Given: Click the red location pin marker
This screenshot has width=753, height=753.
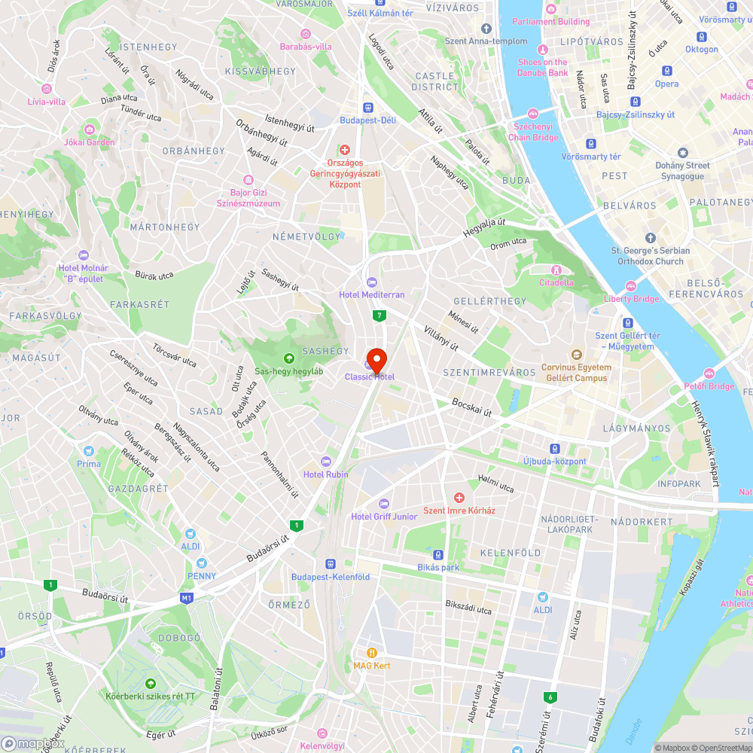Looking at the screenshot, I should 376,358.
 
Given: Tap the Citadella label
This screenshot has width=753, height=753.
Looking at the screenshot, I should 556,282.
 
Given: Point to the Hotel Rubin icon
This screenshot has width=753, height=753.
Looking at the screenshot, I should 326,461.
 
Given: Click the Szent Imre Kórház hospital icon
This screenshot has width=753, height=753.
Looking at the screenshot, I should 459,498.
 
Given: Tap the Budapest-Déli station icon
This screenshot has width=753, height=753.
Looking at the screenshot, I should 367,107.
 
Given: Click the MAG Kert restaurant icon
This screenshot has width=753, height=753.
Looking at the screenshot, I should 371,652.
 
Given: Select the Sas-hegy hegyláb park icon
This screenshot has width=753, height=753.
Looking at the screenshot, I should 288,358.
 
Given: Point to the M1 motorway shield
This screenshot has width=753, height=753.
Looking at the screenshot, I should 186,599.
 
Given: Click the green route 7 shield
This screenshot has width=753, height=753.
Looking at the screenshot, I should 381,316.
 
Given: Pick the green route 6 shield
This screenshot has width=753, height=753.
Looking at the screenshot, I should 552,697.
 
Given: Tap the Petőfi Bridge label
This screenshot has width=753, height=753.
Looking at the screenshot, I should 709,386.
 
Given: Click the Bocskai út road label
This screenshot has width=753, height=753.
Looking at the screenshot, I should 472,407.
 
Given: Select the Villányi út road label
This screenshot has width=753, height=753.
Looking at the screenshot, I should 441,338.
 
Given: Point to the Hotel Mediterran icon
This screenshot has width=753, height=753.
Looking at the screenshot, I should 371,282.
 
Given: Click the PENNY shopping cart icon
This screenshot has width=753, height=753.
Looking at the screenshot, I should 201,563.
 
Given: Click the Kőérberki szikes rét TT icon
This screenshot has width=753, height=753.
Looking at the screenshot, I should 151,683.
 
